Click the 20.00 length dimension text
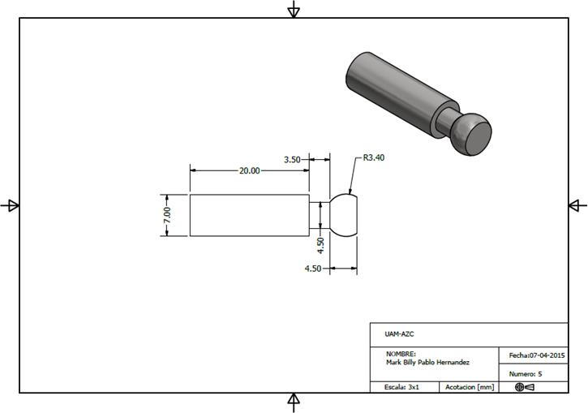coord(249,170)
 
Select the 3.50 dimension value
coord(292,160)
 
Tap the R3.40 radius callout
coord(373,157)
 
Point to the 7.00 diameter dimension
coord(167,216)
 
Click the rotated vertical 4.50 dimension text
coord(320,242)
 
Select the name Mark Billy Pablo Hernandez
coord(427,362)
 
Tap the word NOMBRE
coord(401,354)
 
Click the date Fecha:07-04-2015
coord(537,355)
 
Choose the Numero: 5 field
coord(526,374)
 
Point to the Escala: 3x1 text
coord(401,388)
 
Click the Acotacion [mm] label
coord(470,388)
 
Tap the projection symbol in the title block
coord(524,388)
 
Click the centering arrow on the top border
coord(294,9)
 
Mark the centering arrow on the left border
coord(10,205)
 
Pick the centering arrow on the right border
coord(577,205)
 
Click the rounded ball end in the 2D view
coord(344,216)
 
